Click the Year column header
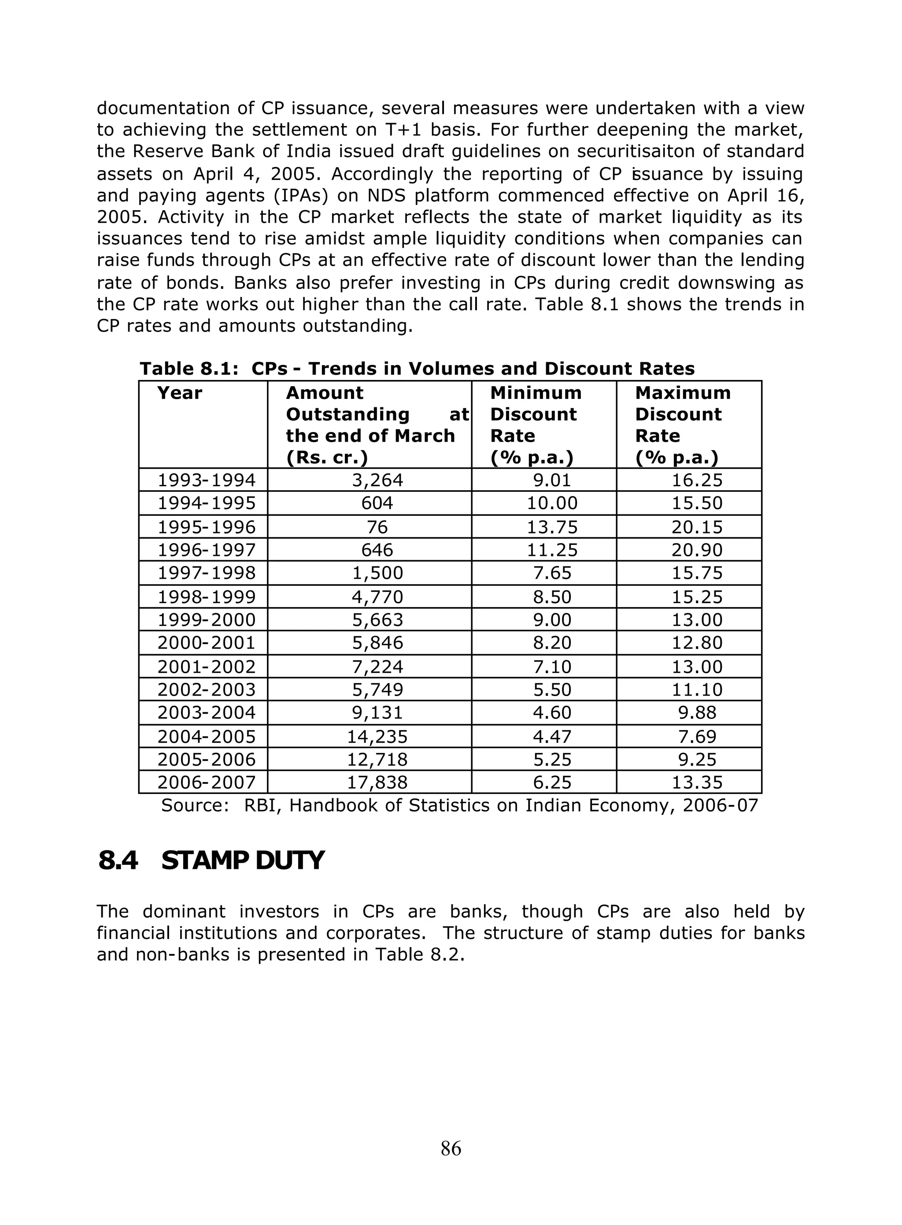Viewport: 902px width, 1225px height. coord(180,393)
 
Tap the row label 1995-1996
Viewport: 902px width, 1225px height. coord(207,527)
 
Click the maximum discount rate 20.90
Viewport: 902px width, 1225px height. coord(697,550)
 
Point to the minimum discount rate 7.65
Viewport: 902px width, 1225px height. coord(552,573)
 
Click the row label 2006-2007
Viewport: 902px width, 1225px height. coord(207,782)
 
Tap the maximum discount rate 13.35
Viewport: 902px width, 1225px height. coord(697,782)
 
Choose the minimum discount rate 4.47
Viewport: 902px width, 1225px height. coord(552,737)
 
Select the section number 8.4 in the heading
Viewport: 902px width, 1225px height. coord(118,860)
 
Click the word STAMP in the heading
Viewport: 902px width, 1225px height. coord(204,860)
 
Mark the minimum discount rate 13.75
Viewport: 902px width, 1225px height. coord(552,527)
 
